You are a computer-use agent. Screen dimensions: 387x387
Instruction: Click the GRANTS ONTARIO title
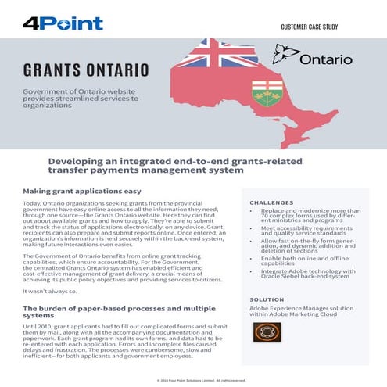click(86, 70)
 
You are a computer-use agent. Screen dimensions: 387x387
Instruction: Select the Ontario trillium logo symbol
click(286, 55)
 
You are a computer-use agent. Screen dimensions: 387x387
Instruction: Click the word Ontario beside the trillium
click(326, 59)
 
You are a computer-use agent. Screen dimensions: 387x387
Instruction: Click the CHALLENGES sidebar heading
click(271, 202)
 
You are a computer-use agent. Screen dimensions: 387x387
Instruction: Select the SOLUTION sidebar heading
click(267, 299)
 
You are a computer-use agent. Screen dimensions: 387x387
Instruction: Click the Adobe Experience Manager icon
click(267, 332)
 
